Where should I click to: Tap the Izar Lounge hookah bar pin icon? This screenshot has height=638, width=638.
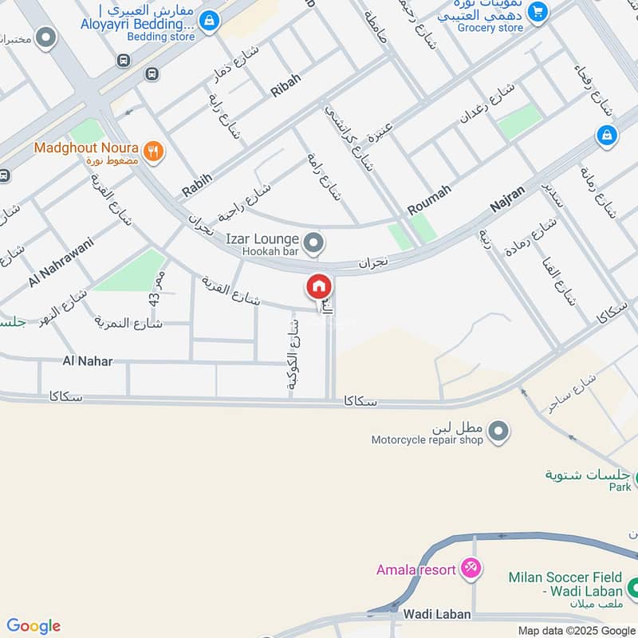click(x=315, y=242)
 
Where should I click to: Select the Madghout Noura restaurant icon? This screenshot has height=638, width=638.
click(x=154, y=149)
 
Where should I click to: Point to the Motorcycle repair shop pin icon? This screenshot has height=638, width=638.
click(x=498, y=431)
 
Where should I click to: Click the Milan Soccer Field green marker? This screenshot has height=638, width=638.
click(x=633, y=589)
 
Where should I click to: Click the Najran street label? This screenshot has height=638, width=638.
click(x=507, y=197)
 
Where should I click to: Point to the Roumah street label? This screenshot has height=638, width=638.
click(x=429, y=199)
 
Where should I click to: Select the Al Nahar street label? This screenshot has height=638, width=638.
click(x=88, y=361)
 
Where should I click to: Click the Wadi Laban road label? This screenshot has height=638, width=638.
click(x=437, y=615)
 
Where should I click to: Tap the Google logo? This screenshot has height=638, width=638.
click(x=33, y=626)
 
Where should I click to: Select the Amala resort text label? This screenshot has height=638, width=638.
click(x=416, y=569)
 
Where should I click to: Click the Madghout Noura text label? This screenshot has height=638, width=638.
click(x=86, y=148)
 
